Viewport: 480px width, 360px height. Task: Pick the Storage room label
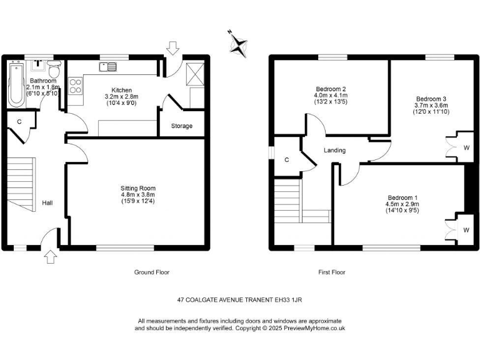182,126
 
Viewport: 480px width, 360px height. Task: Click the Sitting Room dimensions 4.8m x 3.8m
138,194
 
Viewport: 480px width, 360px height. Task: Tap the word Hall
47,203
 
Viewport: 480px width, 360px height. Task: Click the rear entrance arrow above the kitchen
173,46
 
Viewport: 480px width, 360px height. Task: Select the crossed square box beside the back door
195,76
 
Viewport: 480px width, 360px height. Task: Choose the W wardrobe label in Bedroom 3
466,148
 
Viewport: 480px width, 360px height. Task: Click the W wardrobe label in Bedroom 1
466,230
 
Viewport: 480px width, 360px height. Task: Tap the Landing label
334,151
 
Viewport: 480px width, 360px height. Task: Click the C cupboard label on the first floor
287,160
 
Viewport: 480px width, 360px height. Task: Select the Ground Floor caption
152,272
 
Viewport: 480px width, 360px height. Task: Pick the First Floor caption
331,272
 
